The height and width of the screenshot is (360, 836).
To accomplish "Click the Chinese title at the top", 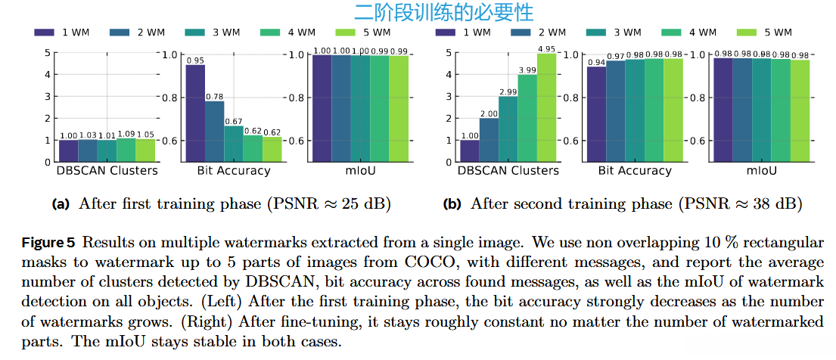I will [x=443, y=12].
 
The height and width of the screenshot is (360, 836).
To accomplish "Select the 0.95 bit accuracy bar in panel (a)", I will [x=195, y=113].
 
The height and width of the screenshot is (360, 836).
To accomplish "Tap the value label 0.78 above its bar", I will [x=214, y=96].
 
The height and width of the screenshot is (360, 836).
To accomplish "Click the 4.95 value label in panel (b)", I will [x=546, y=49].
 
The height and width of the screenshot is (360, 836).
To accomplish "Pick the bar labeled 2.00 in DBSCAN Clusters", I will [x=489, y=140].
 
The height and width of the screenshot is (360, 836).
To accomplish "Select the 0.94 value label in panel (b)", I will [x=597, y=63].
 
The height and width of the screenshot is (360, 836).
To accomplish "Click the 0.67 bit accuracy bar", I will [x=233, y=144].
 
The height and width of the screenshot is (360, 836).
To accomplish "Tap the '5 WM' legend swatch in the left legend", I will [x=349, y=33].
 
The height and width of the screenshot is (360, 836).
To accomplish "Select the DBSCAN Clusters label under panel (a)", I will [x=107, y=171].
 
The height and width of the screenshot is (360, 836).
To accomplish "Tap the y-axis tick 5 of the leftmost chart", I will [x=47, y=53].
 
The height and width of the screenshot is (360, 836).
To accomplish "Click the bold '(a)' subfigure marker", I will [x=60, y=204].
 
